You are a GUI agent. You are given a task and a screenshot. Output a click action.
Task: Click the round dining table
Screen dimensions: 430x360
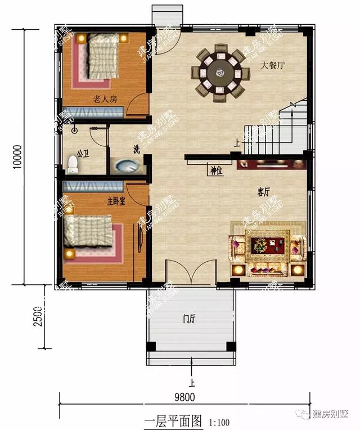click(x=220, y=74)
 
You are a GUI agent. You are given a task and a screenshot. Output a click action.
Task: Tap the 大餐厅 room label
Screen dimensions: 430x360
click(x=273, y=65)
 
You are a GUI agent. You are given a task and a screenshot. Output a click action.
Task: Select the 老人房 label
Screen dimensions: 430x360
click(x=105, y=100)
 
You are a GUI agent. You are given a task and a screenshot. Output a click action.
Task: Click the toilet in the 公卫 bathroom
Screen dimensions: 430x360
click(x=72, y=164)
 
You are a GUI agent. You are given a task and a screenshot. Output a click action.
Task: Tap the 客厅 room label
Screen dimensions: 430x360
click(x=264, y=192)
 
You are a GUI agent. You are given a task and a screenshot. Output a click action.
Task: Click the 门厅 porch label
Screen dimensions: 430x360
click(x=188, y=319)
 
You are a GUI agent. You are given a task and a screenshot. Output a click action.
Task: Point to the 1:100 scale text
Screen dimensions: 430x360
click(x=219, y=421)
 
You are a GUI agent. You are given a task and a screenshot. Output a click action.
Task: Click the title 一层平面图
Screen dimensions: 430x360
click(x=174, y=420)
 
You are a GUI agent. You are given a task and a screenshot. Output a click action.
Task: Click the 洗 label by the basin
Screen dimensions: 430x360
click(x=136, y=149)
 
